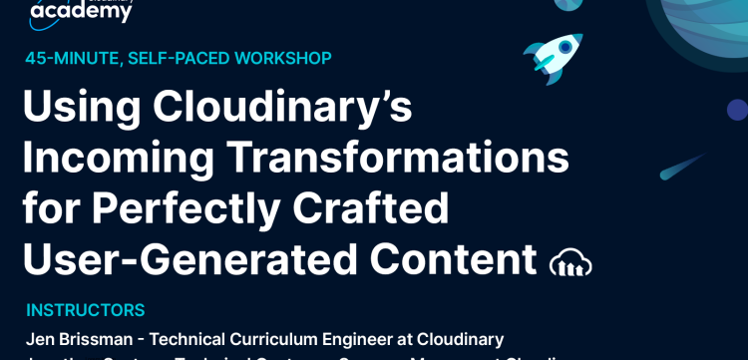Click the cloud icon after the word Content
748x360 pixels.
click(x=570, y=262)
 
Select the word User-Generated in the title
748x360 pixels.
click(x=187, y=259)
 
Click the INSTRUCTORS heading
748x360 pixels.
click(x=86, y=310)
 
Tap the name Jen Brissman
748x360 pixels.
click(x=77, y=340)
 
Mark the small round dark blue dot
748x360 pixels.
click(x=737, y=109)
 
